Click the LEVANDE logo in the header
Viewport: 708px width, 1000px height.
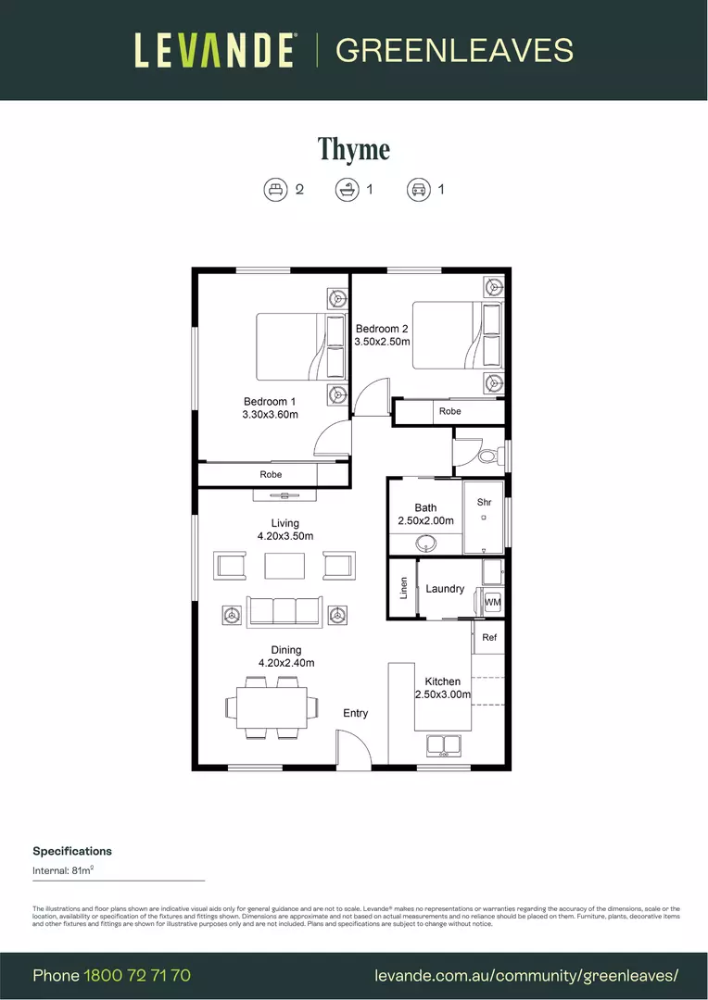coord(215,50)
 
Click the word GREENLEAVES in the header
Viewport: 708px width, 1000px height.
coord(454,50)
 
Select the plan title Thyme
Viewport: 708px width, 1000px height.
coord(354,148)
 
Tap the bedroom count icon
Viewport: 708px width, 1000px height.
coord(276,190)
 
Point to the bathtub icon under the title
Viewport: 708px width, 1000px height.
coord(347,190)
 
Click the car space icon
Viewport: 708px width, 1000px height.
coord(418,190)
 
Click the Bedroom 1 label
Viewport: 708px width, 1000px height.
coord(270,402)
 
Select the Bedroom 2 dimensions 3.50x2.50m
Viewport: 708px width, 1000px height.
coord(382,342)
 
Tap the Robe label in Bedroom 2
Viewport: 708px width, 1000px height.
coord(450,411)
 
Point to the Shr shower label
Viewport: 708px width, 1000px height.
coord(484,503)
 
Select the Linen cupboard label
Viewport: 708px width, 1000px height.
coord(403,589)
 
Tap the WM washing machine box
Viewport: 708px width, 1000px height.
coord(492,602)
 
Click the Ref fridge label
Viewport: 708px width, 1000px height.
coord(489,638)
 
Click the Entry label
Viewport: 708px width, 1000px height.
coord(355,713)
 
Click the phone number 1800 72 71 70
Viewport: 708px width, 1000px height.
coord(137,976)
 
